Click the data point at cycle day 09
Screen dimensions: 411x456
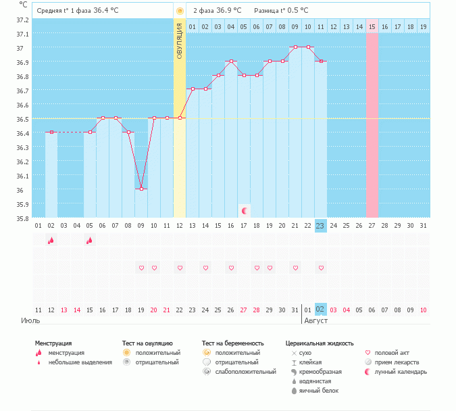(141, 189)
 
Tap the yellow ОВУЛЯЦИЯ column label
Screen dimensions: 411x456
(180, 41)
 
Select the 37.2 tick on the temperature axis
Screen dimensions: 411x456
(23, 20)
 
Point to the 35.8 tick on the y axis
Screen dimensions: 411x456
(23, 218)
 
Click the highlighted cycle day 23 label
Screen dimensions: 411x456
(320, 226)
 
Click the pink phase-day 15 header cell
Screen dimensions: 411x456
(372, 26)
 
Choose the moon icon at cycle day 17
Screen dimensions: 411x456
(244, 211)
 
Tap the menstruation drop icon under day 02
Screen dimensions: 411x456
(51, 241)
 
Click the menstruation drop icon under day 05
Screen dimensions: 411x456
(90, 241)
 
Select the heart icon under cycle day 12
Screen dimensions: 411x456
(180, 268)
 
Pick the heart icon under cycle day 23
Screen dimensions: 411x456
(321, 268)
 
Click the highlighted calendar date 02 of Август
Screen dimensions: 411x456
(320, 310)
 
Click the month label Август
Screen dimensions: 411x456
(315, 320)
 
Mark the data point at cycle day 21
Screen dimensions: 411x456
(295, 47)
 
